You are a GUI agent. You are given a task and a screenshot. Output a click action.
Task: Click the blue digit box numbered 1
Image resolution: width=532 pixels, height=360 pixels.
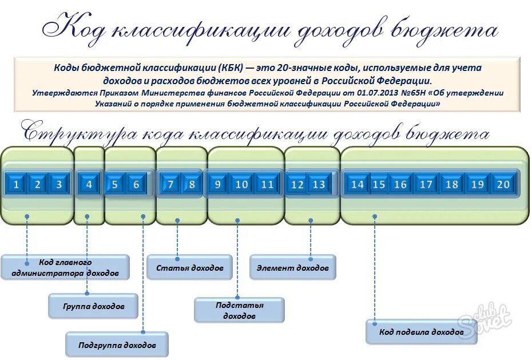(x=17, y=184)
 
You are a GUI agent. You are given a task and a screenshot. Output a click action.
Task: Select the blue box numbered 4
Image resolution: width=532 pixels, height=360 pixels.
(x=89, y=184)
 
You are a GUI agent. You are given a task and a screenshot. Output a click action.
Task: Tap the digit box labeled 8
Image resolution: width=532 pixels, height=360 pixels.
(x=192, y=184)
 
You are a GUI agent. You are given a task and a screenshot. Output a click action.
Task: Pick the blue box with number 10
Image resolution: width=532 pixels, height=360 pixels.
(x=242, y=184)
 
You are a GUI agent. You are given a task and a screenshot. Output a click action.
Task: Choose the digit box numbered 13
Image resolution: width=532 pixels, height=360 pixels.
(x=319, y=184)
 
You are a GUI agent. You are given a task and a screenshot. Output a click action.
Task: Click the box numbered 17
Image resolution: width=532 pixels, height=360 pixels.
(x=426, y=184)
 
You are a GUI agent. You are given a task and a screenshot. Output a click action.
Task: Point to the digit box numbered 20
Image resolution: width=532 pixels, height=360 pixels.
(x=503, y=184)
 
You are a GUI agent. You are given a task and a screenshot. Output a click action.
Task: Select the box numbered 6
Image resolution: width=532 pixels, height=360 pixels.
(x=136, y=184)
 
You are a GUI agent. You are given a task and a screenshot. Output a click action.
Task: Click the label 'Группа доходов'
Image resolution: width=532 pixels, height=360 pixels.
(x=93, y=306)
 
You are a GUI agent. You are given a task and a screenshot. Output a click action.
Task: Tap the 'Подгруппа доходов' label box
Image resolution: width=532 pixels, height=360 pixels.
(x=117, y=345)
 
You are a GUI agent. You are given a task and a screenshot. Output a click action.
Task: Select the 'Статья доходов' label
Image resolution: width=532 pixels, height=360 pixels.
(x=189, y=267)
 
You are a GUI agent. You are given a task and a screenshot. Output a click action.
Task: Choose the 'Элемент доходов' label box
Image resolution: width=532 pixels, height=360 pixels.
(x=292, y=267)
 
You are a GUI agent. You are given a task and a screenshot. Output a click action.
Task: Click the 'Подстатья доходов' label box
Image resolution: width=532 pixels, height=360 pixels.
(x=239, y=310)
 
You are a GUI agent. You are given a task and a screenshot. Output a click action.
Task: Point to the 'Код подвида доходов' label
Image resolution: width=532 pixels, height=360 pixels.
(x=420, y=331)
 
